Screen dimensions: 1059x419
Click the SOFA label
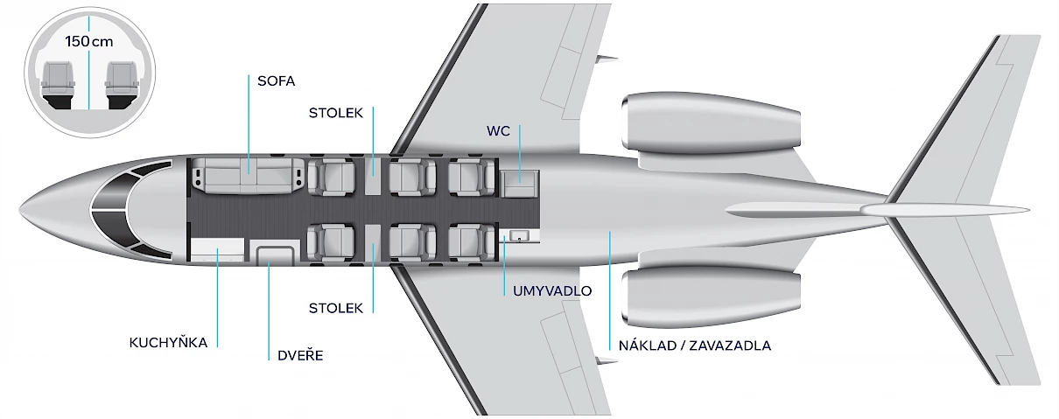point(276,81)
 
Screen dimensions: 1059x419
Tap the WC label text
point(498,131)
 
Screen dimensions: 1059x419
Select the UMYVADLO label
point(552,290)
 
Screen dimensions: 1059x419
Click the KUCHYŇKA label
point(168,342)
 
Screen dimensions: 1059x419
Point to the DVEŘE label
point(300,355)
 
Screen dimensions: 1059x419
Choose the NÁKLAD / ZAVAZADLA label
point(695,346)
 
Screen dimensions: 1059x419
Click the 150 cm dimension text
point(89,42)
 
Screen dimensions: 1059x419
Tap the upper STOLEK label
point(336,113)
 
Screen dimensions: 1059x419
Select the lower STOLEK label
point(336,308)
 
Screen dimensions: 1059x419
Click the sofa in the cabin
point(248,176)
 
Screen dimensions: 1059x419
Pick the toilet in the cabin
point(520,185)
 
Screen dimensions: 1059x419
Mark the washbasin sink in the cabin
point(520,235)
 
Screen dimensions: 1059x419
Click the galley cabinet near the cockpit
point(217,249)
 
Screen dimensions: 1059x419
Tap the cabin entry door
point(275,252)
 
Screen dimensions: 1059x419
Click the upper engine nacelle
point(711,123)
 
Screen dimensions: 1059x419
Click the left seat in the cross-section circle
point(58,85)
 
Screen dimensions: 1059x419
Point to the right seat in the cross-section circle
point(121,85)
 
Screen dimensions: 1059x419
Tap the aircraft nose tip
point(20,210)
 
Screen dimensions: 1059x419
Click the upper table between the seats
point(373,176)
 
